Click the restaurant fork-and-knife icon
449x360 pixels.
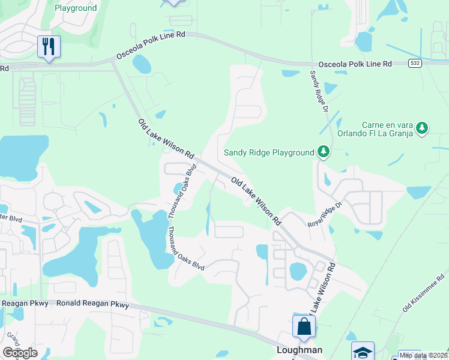click(49, 46)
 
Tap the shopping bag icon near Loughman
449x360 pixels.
click(304, 327)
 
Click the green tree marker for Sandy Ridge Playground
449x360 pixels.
click(324, 152)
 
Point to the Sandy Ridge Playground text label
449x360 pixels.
click(269, 152)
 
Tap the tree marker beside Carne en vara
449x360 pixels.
click(423, 128)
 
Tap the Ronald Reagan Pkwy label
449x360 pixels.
click(92, 304)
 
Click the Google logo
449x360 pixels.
click(20, 353)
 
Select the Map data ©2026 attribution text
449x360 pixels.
click(423, 355)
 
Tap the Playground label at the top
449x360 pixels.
click(76, 8)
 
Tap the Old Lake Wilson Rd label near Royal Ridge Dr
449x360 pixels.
click(256, 201)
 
